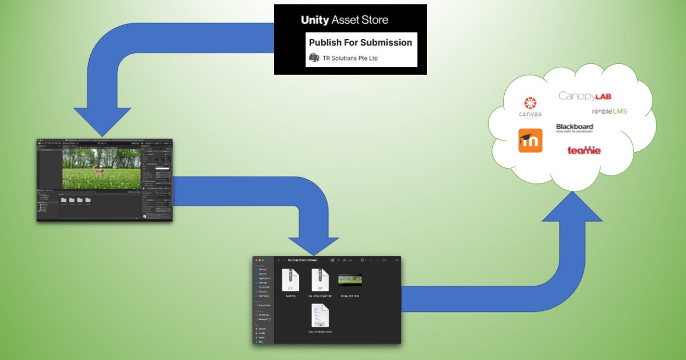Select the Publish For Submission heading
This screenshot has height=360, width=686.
(360, 42)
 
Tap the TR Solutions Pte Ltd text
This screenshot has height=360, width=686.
(350, 58)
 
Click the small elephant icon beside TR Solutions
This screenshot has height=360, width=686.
(314, 57)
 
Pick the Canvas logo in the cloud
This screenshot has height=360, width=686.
(530, 107)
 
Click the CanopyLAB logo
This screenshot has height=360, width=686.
(585, 96)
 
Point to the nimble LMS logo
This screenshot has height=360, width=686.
(609, 111)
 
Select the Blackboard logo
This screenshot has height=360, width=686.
(575, 128)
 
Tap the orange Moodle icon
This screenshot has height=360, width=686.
(530, 141)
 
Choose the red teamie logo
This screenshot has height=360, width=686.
(584, 150)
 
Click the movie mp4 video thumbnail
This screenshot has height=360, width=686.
(350, 279)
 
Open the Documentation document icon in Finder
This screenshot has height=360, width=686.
(320, 315)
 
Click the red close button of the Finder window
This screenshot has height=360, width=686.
(256, 260)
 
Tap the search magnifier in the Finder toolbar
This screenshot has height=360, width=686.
(396, 260)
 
